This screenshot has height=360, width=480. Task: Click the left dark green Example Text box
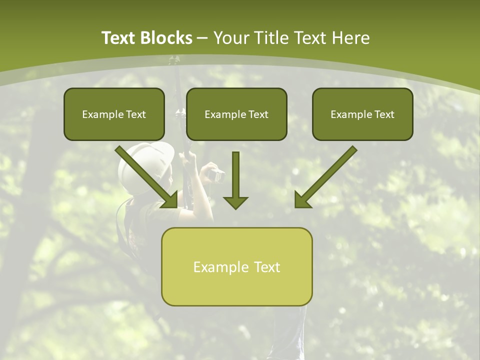(114, 114)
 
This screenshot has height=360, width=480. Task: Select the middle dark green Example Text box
(236, 114)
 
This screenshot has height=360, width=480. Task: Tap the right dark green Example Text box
(362, 114)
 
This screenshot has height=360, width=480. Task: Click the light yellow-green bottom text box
(236, 266)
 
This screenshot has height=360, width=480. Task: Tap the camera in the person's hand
(217, 175)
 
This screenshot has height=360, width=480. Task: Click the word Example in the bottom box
(221, 267)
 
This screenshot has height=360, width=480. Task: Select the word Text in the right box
(384, 114)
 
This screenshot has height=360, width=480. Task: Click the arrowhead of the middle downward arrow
(235, 202)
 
